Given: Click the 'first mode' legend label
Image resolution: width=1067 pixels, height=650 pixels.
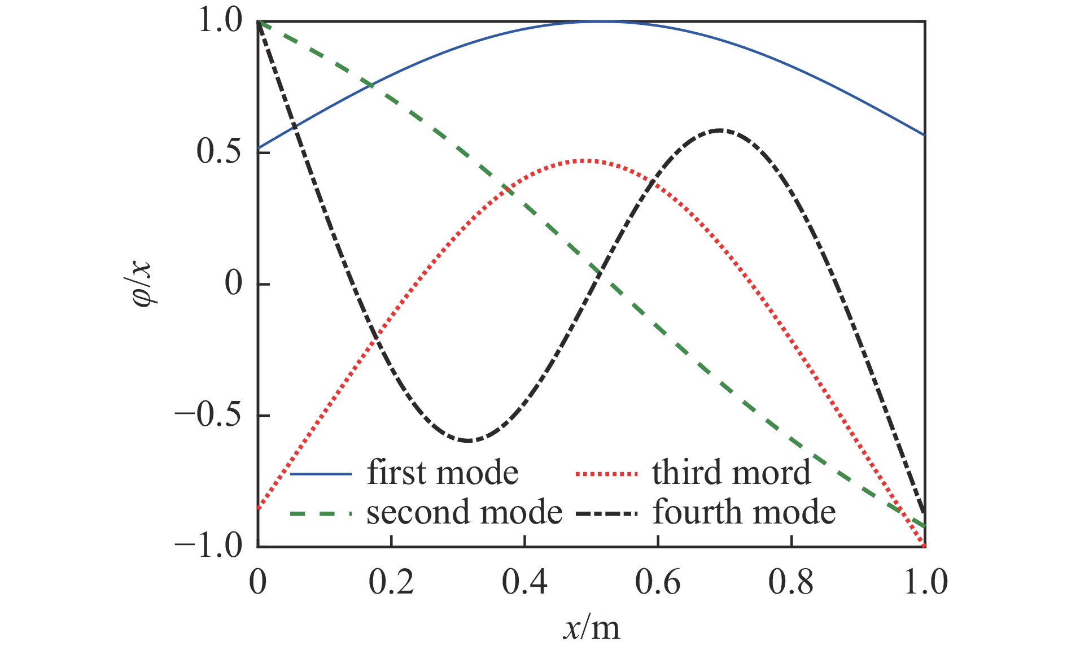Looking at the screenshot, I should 443,473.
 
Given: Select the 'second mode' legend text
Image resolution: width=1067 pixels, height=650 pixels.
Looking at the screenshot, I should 464,512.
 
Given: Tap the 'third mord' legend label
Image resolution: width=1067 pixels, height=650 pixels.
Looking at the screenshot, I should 732,473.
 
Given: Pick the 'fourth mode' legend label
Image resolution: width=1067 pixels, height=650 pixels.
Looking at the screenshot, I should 744,512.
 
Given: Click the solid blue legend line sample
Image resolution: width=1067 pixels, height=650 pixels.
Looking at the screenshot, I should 321,474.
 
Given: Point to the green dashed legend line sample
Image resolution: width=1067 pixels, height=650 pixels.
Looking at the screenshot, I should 321,513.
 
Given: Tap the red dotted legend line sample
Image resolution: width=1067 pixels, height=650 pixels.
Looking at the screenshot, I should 606,474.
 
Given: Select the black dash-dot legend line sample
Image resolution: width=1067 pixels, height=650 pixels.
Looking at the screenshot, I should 606,513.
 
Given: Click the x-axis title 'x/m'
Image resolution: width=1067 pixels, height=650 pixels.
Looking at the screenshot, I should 591,627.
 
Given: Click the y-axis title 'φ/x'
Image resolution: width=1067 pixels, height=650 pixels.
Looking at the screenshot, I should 143,283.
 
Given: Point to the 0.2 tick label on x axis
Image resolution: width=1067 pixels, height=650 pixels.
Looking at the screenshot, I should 391,582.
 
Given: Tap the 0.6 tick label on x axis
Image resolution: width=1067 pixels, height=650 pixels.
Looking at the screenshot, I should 658,582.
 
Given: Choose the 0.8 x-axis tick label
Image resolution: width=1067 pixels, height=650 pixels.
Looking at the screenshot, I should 791,582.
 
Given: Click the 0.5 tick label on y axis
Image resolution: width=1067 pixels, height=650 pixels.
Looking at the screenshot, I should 219,152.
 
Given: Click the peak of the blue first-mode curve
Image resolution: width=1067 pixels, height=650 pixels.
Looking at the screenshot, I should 600,21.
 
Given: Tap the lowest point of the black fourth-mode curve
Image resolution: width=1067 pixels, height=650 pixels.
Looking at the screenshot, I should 467,440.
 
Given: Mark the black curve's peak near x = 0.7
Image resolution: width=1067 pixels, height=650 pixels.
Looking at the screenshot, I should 718,130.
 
